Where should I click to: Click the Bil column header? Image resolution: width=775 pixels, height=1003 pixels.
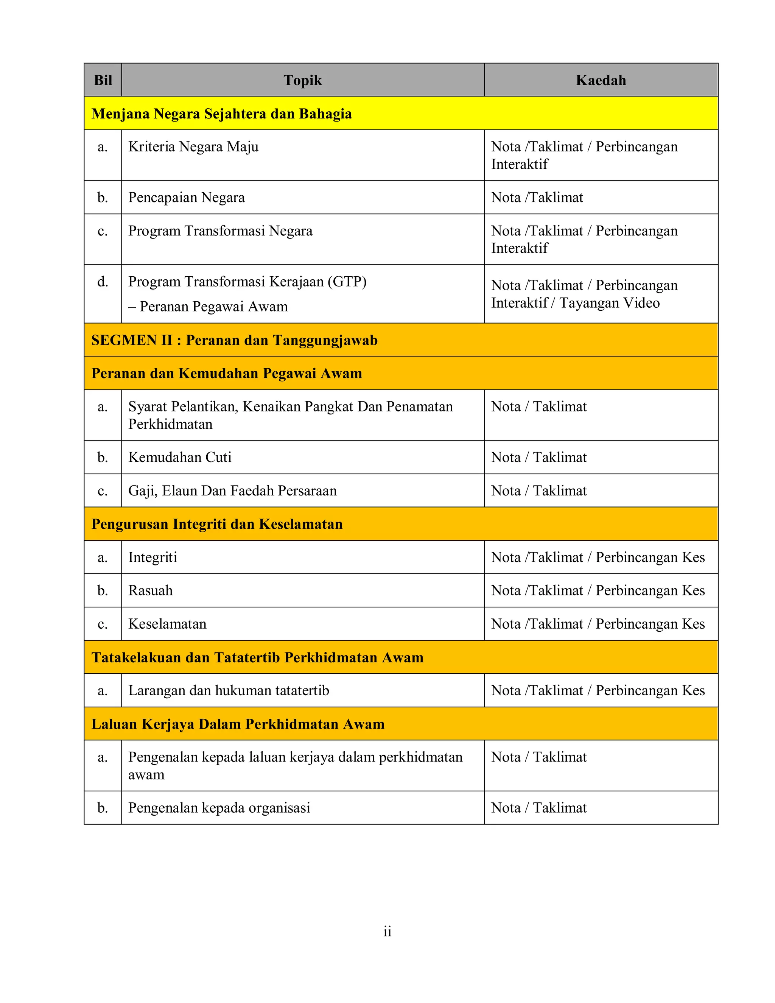(103, 80)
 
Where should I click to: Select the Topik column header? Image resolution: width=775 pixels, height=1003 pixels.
(303, 80)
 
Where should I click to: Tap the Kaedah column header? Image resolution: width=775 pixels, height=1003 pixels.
(601, 80)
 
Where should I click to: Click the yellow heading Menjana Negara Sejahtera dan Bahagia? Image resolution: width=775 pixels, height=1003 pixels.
(221, 114)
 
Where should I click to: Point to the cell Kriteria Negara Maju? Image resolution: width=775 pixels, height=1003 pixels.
(193, 147)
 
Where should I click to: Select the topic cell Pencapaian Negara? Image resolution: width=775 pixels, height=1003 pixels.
(187, 198)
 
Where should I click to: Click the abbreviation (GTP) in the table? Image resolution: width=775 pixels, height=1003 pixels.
(347, 281)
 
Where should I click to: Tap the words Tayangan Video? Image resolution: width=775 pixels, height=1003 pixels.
(609, 303)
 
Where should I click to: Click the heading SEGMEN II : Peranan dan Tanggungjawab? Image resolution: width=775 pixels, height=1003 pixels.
(234, 340)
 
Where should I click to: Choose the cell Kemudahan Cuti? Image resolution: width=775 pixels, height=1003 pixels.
(180, 458)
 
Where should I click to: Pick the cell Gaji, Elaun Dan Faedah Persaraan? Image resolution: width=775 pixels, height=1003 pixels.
(232, 491)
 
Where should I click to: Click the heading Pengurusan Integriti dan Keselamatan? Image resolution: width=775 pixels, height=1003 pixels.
(217, 524)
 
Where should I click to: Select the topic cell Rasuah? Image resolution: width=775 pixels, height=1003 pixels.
(151, 590)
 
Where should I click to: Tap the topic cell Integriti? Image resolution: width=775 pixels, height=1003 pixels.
(153, 558)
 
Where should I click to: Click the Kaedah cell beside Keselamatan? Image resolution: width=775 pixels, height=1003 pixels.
(598, 624)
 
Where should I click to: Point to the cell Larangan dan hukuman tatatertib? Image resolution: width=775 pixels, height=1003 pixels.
(229, 691)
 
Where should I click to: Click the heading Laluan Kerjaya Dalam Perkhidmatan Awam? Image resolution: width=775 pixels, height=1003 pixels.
(238, 724)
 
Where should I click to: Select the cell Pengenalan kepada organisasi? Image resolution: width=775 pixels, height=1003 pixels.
(219, 808)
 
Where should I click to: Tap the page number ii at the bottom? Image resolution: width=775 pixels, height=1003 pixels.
(387, 931)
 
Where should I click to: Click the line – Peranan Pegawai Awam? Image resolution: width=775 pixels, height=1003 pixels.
(208, 306)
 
